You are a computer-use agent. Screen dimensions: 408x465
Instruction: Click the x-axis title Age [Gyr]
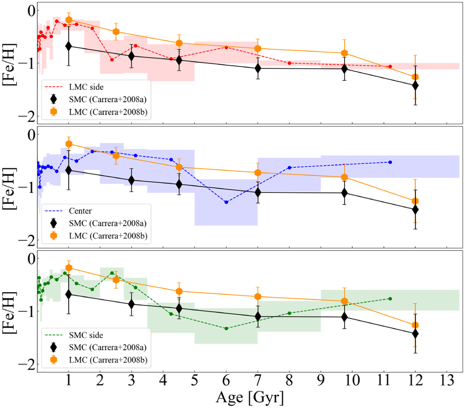(x=250, y=397)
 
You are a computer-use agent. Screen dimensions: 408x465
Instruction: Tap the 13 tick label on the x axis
(x=447, y=381)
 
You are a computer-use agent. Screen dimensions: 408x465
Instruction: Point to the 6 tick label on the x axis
(x=226, y=381)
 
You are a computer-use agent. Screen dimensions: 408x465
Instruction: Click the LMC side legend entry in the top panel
(x=86, y=87)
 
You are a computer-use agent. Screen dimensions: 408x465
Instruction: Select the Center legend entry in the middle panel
(x=80, y=211)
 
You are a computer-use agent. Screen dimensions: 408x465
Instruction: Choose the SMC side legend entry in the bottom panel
(x=86, y=335)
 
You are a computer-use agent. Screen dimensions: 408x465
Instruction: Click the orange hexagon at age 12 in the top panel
(x=415, y=77)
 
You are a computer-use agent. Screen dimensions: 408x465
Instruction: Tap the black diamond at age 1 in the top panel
(x=69, y=46)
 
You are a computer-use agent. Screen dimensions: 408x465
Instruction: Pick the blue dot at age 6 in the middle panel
(x=226, y=202)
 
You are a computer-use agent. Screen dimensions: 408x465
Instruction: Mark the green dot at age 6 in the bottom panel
(x=226, y=329)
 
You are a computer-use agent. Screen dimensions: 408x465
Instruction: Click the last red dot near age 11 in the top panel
(x=390, y=67)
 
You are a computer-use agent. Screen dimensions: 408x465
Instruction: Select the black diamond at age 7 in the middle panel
(x=258, y=192)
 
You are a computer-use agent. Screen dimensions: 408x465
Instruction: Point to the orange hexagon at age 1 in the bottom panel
(x=69, y=268)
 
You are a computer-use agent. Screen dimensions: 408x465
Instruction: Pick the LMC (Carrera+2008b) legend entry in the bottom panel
(x=108, y=360)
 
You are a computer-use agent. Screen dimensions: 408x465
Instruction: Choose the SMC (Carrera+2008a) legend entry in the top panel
(x=107, y=100)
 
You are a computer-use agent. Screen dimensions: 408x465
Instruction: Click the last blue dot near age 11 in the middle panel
(x=390, y=162)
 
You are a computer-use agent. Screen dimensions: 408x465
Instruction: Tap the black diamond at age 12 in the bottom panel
(x=415, y=333)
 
